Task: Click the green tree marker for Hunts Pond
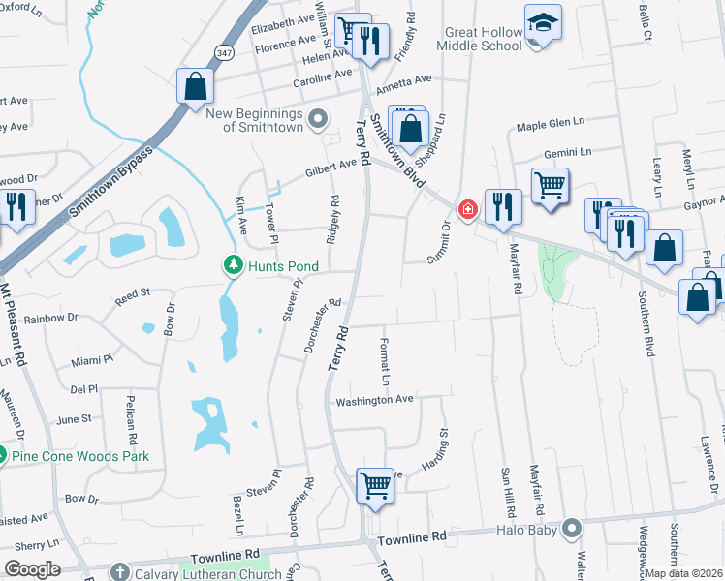(x=233, y=263)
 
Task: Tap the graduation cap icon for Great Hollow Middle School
(x=543, y=21)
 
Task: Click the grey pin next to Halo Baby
(x=573, y=528)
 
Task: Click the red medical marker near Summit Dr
(x=467, y=209)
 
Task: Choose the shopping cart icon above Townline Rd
(x=374, y=486)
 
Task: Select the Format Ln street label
(x=384, y=359)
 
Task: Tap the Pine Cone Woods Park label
(x=79, y=456)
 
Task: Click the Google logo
(x=32, y=569)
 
